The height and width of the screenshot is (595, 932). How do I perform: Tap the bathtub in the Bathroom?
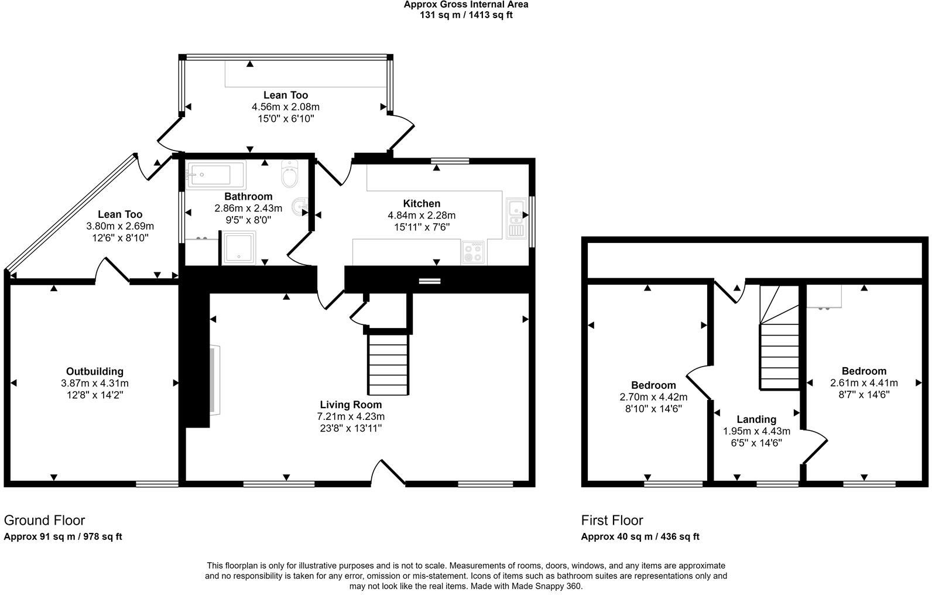click(x=215, y=175)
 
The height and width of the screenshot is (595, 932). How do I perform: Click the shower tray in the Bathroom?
click(x=239, y=248)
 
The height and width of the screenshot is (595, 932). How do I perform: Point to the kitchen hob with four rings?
click(x=473, y=252)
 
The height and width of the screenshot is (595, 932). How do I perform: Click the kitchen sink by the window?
click(x=516, y=217)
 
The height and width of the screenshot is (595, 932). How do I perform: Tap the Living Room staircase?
click(x=388, y=363)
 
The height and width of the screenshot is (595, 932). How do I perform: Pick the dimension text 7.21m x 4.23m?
click(x=351, y=416)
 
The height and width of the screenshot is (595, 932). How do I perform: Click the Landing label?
click(x=756, y=419)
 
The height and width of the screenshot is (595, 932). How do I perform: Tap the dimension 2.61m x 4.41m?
click(x=864, y=383)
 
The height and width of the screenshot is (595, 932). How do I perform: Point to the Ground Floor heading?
click(x=44, y=520)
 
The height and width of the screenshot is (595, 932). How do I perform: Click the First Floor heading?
click(x=612, y=520)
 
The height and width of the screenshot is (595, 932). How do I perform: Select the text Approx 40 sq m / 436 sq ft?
click(x=640, y=536)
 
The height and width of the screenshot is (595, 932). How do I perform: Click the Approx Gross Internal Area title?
click(x=466, y=5)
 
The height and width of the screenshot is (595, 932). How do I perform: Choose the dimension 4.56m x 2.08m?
click(x=286, y=107)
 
